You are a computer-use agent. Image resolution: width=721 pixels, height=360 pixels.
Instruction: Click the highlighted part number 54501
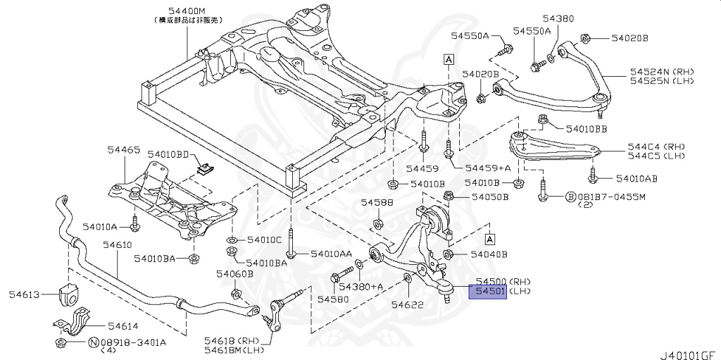[487, 291]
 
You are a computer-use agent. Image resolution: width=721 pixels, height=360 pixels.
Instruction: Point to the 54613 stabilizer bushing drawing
[69, 294]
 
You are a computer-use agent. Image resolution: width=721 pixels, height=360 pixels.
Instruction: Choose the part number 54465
[124, 150]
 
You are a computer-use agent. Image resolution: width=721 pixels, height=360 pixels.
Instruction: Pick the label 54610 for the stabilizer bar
[116, 244]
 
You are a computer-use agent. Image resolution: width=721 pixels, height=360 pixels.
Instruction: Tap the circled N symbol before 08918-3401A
[92, 342]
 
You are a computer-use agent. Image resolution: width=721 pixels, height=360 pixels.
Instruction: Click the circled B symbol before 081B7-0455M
[571, 197]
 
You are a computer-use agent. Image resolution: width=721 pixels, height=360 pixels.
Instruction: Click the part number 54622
[406, 304]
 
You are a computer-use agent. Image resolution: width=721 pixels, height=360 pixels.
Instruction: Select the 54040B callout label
[489, 254]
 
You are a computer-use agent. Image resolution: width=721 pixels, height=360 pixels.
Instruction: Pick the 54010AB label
[637, 178]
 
